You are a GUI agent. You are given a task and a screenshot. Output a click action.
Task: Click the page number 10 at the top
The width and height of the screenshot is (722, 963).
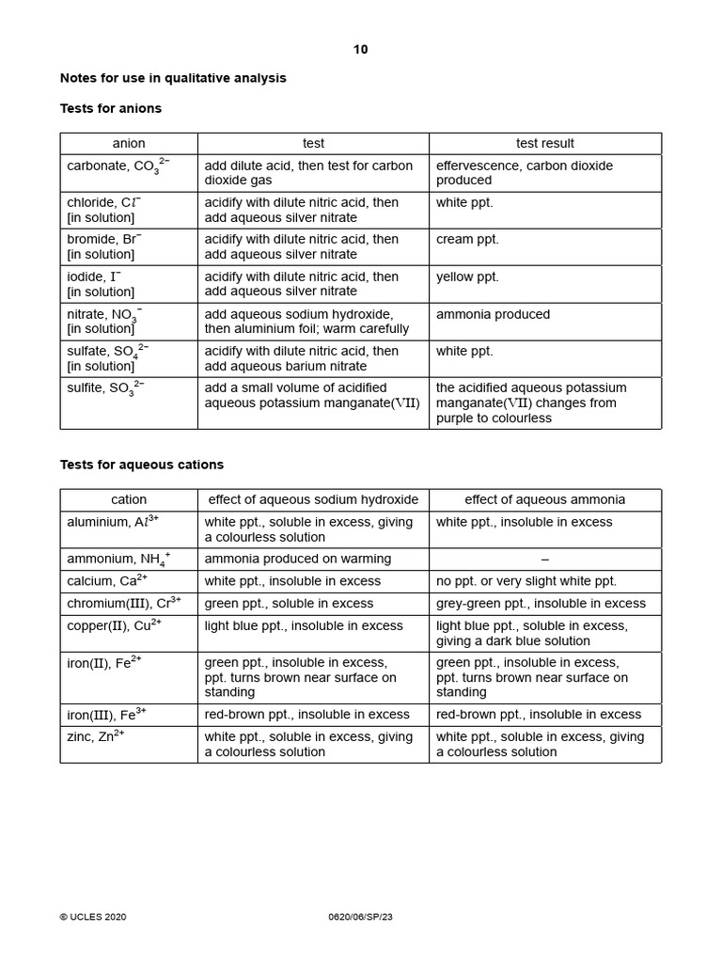coord(361,50)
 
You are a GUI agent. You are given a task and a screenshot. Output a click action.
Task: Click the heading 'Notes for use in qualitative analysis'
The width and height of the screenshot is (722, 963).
coord(173,78)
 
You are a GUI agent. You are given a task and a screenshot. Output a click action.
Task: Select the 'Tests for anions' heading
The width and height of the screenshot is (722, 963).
coord(111,108)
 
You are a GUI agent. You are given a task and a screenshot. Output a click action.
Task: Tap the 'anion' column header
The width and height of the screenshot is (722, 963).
coord(129,144)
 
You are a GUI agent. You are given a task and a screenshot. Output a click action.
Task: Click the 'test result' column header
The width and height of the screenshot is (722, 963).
coord(545,144)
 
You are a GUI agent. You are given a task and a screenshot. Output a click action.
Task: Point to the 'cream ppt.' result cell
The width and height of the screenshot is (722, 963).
coord(467,240)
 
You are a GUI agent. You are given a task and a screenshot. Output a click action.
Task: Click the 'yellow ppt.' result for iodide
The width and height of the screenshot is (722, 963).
coord(467,277)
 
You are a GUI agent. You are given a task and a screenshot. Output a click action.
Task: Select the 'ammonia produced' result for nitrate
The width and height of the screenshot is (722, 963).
coord(493,314)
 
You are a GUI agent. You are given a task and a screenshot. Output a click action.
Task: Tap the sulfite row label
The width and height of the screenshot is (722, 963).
coord(105,389)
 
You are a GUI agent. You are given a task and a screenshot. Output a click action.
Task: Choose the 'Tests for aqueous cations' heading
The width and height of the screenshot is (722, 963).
coord(142,465)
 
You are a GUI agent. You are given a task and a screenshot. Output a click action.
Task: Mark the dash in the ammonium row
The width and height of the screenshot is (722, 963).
coord(545,560)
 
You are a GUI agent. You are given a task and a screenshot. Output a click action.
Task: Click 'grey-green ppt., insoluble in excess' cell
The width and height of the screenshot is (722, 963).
coord(541,604)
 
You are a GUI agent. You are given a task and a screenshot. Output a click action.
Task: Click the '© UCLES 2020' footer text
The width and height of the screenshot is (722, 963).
coord(93,917)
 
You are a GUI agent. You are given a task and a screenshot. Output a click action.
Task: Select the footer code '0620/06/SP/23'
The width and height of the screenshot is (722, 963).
coord(361,917)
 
